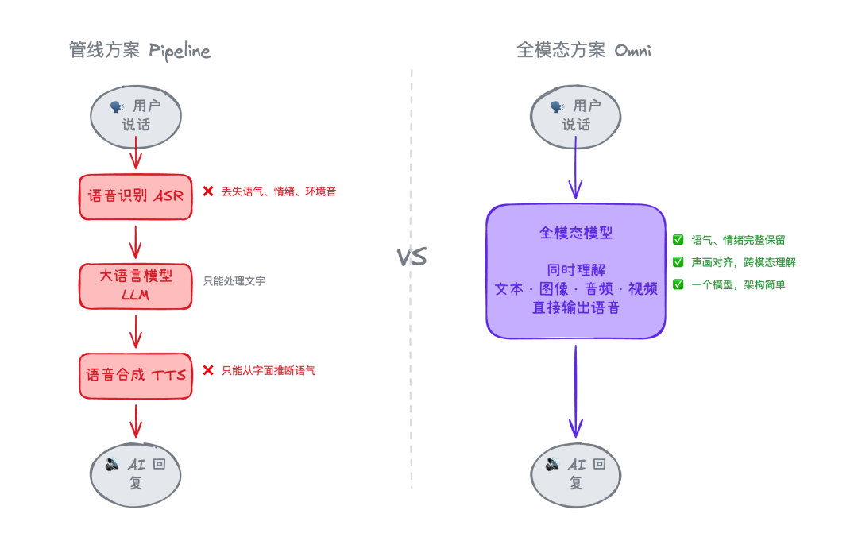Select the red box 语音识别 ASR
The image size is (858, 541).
(x=135, y=196)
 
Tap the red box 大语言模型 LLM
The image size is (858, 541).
(x=135, y=286)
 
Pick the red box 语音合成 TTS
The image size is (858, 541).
(x=135, y=375)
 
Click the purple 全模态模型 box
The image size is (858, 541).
(x=576, y=271)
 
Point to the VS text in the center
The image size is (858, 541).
(x=412, y=257)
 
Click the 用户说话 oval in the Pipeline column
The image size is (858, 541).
(x=135, y=115)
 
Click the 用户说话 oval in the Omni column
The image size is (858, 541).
(x=576, y=115)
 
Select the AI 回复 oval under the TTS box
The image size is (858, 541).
(x=135, y=473)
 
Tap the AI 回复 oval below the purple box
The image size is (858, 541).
(x=576, y=473)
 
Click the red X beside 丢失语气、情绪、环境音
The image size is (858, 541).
(x=208, y=191)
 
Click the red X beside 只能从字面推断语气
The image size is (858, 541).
(x=208, y=370)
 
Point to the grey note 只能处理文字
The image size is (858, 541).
(x=234, y=280)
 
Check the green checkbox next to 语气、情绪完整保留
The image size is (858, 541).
(x=678, y=239)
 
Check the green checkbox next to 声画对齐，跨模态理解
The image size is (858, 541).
(x=678, y=262)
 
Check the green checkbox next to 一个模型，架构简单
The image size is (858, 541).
(x=678, y=284)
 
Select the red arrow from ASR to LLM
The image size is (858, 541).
(x=135, y=242)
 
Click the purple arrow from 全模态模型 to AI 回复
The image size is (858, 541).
(x=576, y=389)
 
